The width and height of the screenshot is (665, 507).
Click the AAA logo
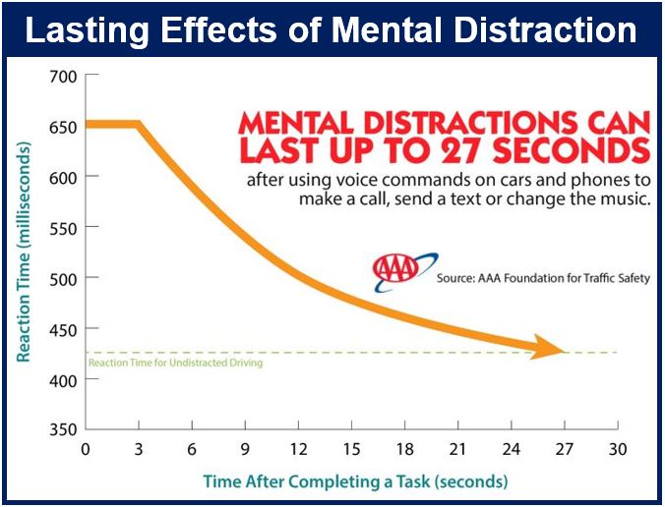(x=405, y=272)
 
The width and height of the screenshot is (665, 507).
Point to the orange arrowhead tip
(x=565, y=352)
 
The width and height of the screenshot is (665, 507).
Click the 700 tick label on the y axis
(x=64, y=77)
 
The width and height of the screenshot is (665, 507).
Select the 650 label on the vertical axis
(x=64, y=127)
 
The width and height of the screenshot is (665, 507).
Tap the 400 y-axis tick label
(x=64, y=381)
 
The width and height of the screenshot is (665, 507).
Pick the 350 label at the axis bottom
(x=64, y=429)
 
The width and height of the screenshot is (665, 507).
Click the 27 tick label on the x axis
(x=565, y=449)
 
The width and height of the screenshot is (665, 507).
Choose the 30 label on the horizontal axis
(x=618, y=449)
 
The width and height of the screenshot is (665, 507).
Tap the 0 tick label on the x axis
(x=86, y=449)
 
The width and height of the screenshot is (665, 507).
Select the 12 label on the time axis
(x=299, y=449)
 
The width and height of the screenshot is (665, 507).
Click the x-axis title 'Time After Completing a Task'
(x=317, y=482)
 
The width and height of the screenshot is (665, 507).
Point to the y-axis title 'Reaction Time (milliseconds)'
(x=24, y=253)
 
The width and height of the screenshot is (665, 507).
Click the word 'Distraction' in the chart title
(x=545, y=30)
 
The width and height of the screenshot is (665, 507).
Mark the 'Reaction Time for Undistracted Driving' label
(x=175, y=363)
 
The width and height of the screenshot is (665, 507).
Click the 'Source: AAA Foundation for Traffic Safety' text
(x=543, y=278)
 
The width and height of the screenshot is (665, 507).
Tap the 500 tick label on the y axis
(x=64, y=280)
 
